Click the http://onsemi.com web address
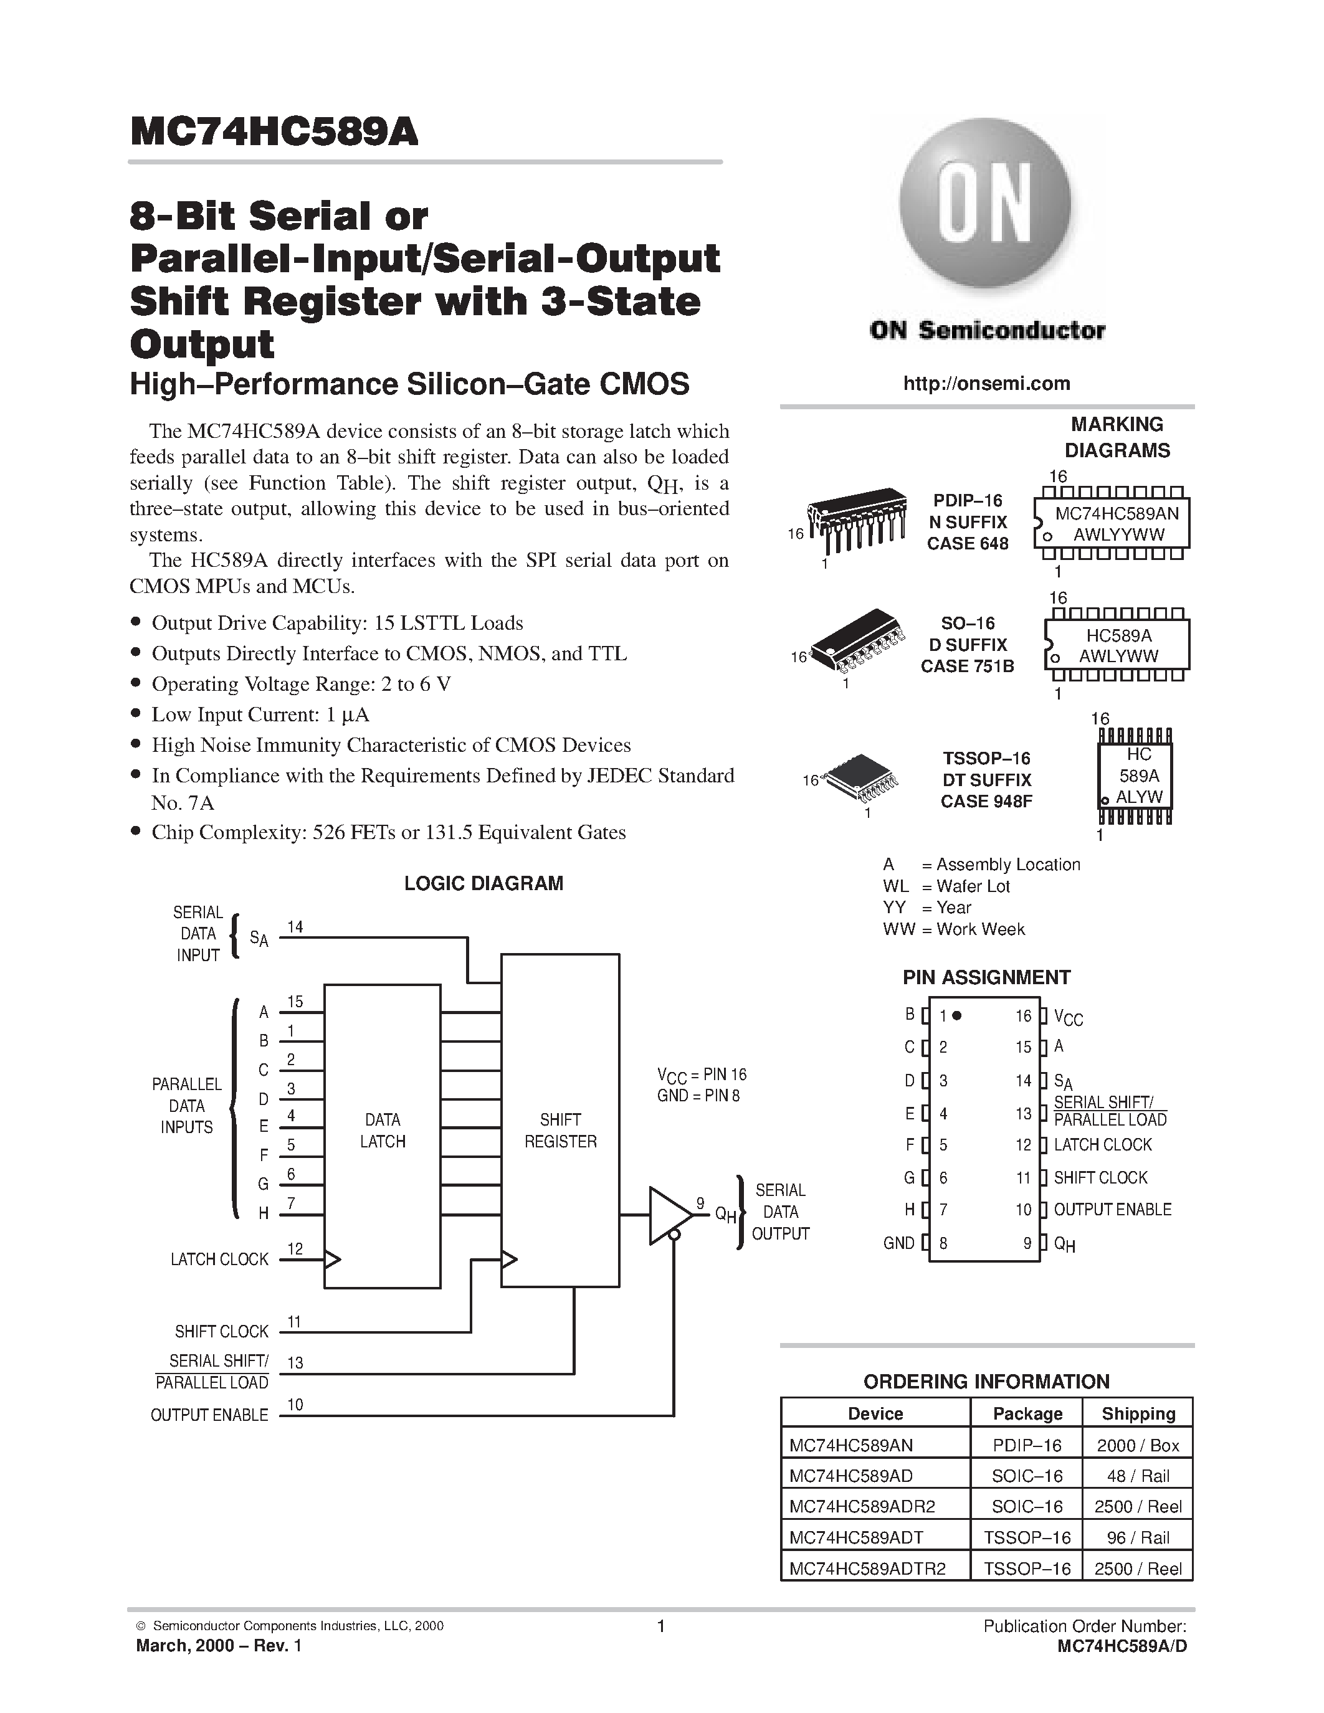pyautogui.click(x=986, y=384)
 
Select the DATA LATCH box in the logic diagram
pyautogui.click(x=382, y=1130)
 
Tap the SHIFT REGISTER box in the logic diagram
pyautogui.click(x=560, y=1130)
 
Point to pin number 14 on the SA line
pyautogui.click(x=295, y=927)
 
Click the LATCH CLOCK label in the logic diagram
pyautogui.click(x=219, y=1259)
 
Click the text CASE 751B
pyautogui.click(x=967, y=666)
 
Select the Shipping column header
pyautogui.click(x=1138, y=1413)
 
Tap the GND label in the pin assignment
pyautogui.click(x=899, y=1243)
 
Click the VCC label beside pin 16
pyautogui.click(x=1067, y=1017)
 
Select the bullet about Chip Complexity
pyautogui.click(x=388, y=832)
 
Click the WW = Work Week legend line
pyautogui.click(x=954, y=929)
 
